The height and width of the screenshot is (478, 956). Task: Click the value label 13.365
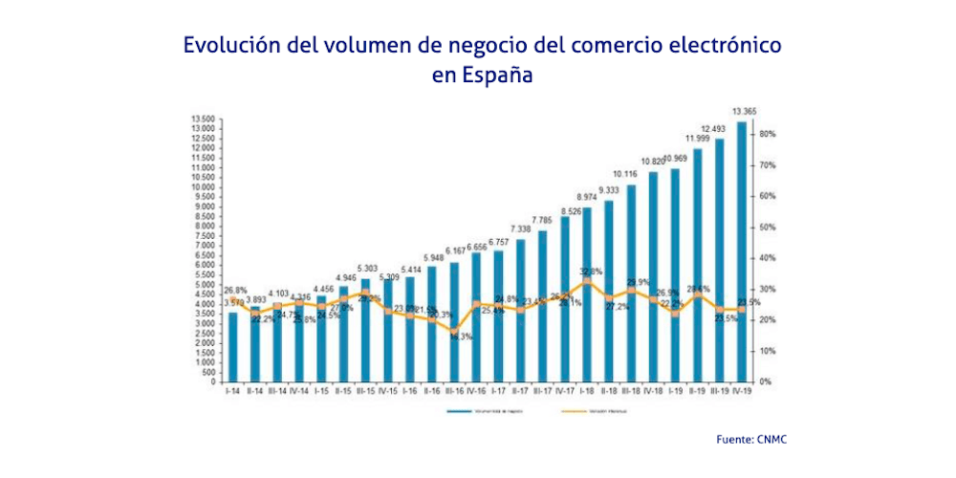click(x=743, y=112)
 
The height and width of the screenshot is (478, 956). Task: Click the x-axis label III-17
click(x=542, y=391)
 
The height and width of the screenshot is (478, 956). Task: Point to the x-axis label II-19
click(x=697, y=391)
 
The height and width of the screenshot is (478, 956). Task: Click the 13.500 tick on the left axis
click(x=203, y=119)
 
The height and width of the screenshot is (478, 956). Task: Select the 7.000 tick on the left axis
click(x=203, y=246)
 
